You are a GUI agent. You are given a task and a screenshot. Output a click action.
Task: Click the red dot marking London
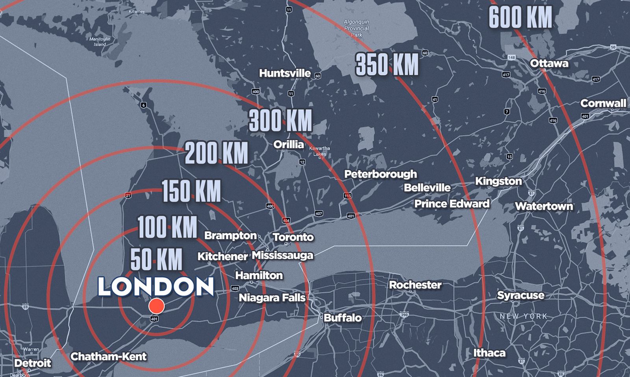156,306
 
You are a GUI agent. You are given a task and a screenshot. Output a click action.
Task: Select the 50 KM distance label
156,259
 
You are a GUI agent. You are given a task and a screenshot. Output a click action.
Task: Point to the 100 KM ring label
167,227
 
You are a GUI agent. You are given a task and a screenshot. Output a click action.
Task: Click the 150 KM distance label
191,191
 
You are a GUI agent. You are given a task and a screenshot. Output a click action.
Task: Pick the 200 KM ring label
217,153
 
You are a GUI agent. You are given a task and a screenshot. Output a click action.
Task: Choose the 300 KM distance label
280,120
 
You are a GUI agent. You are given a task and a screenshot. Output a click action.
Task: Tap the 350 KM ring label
387,64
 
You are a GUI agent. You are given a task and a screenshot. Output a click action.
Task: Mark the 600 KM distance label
520,18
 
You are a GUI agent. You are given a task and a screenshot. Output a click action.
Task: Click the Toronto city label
293,237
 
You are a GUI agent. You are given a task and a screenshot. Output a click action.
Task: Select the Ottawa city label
549,63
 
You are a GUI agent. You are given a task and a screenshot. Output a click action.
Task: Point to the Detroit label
33,363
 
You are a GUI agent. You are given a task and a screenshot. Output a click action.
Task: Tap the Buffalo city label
343,318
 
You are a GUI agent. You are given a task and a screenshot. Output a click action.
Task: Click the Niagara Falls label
272,298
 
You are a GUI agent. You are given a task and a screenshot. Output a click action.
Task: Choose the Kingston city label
498,181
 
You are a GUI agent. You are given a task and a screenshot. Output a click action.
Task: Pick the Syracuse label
521,295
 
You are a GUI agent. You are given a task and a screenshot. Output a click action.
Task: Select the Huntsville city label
285,73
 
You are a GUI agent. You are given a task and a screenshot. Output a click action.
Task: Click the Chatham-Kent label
108,357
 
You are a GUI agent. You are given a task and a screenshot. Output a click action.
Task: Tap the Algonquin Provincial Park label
356,28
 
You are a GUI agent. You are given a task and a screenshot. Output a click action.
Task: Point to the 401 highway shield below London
154,319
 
